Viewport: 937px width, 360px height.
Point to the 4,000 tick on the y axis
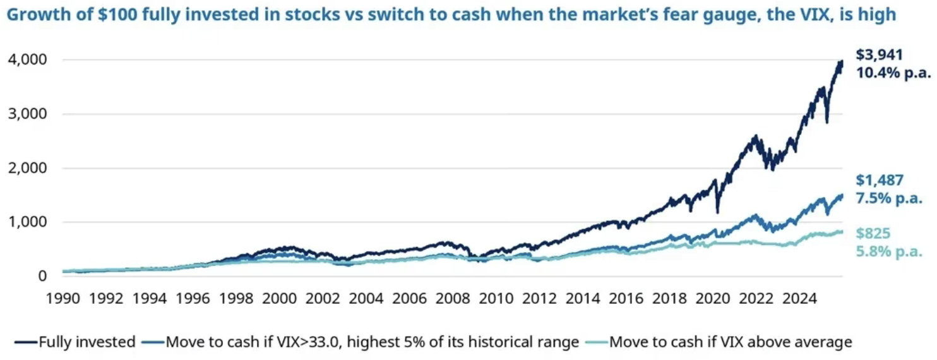27,60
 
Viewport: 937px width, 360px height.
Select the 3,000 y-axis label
27,114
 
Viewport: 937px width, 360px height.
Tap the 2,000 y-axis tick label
27,169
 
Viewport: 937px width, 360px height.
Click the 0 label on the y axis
41,276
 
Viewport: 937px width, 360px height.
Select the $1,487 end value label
880,181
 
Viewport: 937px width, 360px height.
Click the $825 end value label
873,234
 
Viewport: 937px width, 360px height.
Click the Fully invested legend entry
86,342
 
